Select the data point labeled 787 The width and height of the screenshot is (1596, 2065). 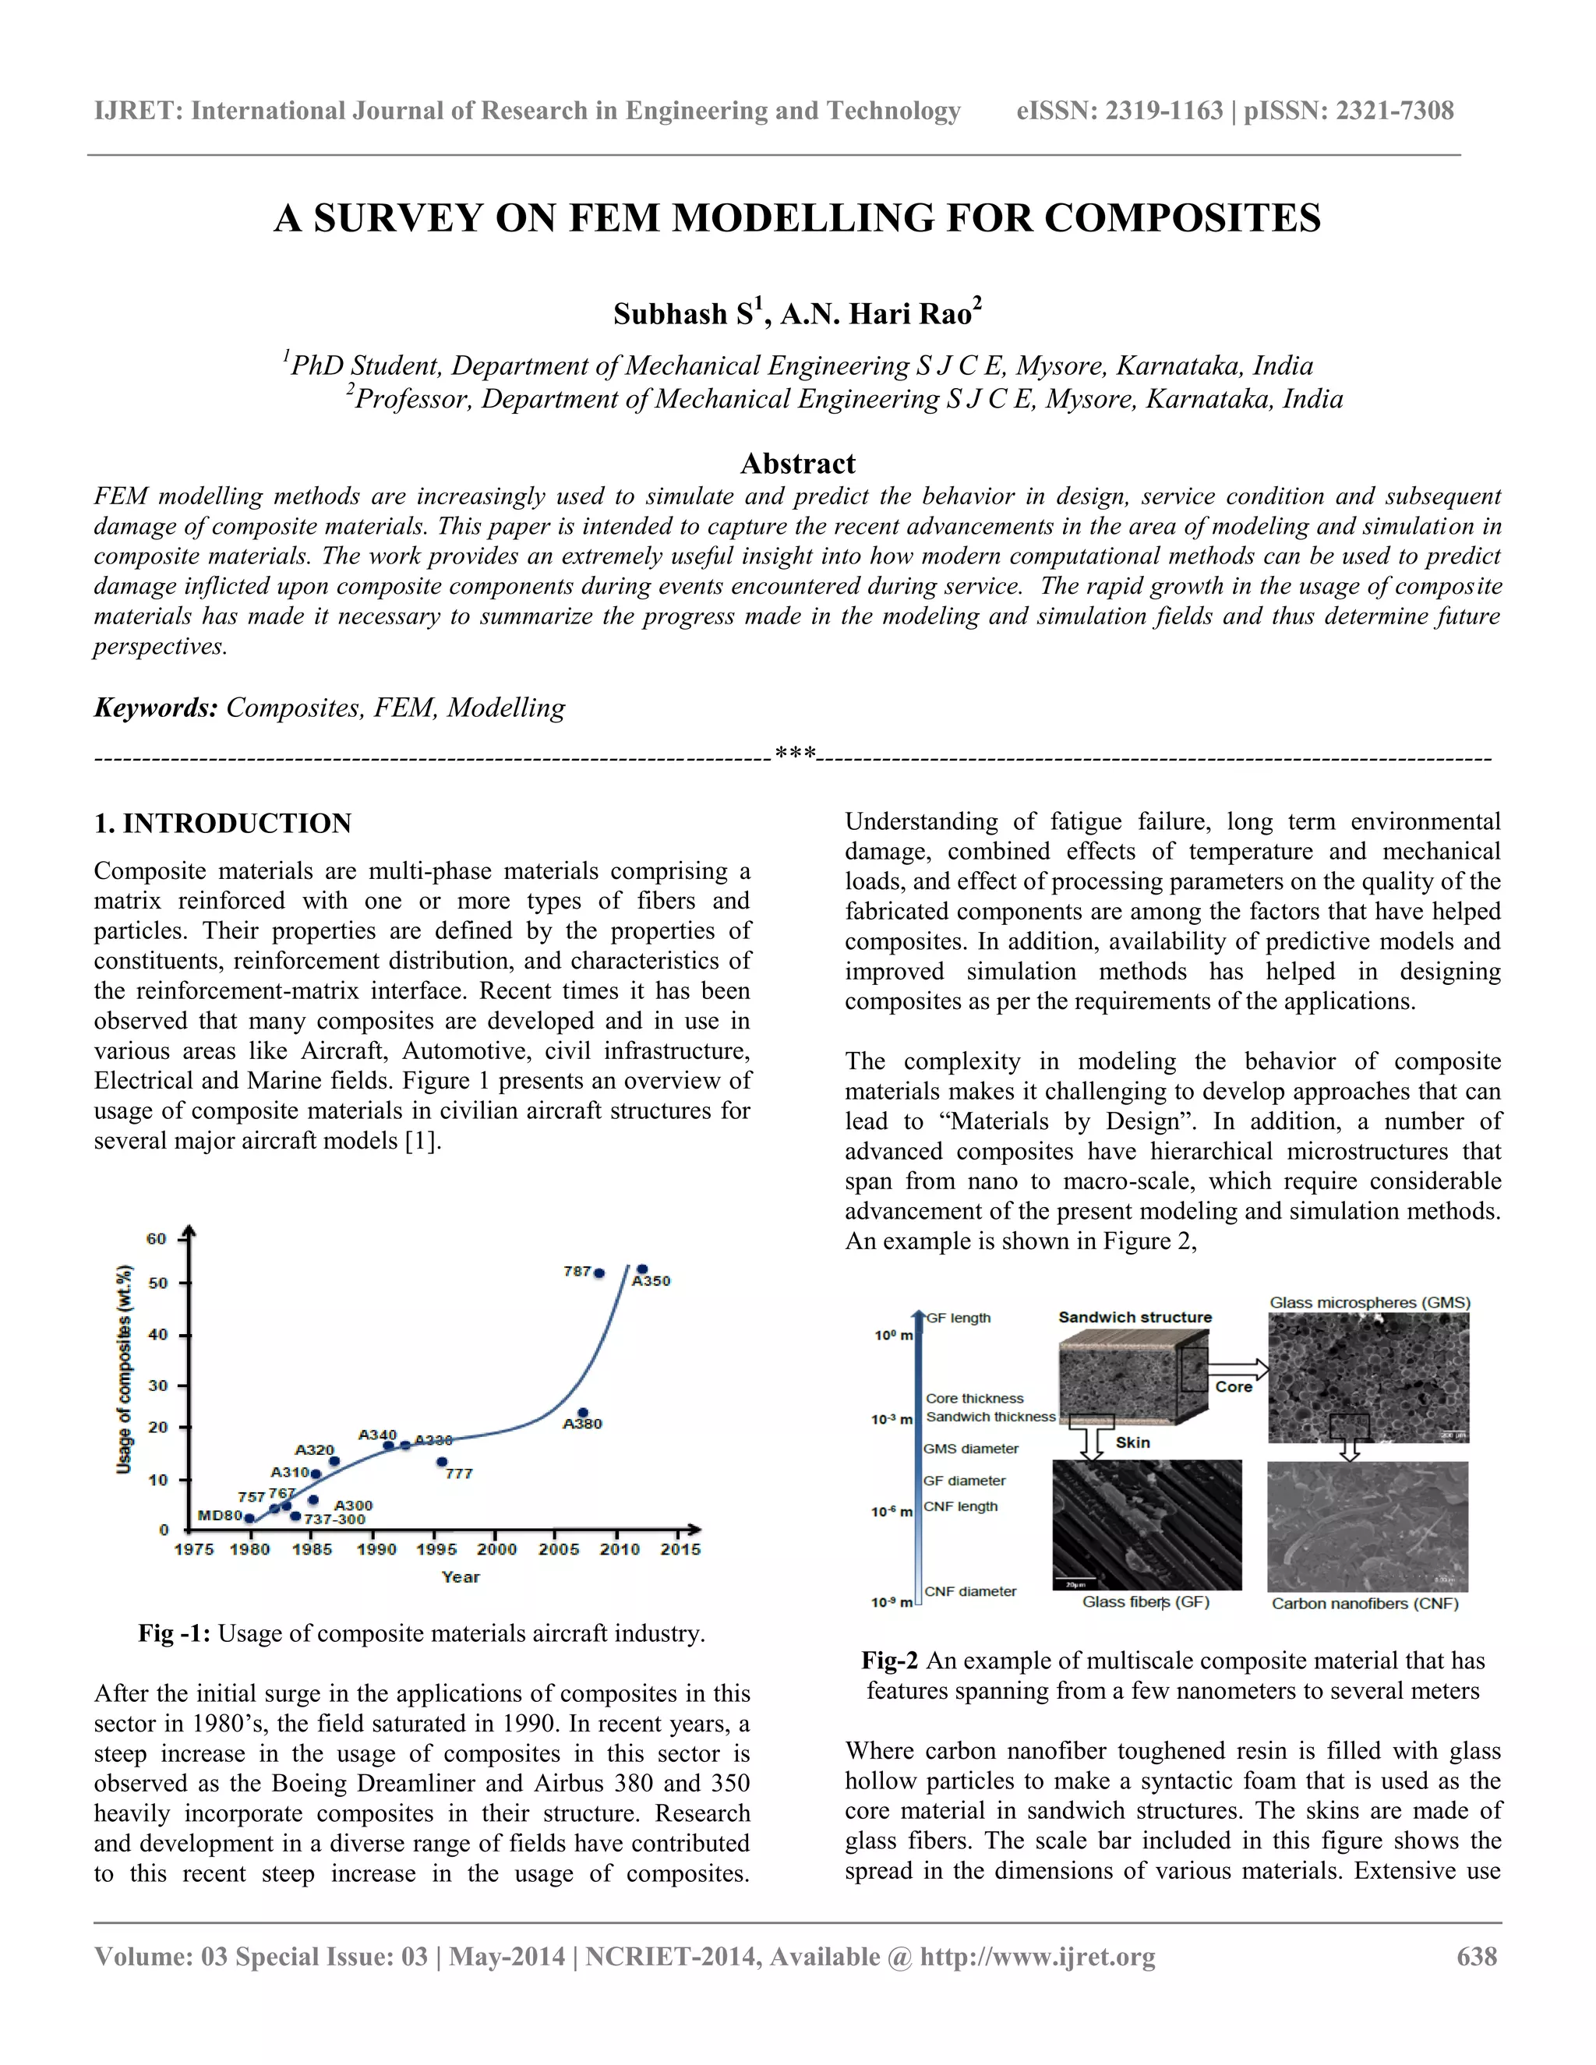point(598,1273)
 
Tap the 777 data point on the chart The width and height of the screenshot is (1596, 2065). point(442,1462)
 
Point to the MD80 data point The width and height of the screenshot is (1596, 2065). point(249,1519)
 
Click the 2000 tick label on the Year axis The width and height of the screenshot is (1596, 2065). point(496,1550)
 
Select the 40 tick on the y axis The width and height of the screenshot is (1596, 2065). point(158,1335)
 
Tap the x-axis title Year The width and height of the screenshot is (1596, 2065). point(461,1577)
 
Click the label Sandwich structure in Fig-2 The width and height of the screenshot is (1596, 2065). point(1135,1317)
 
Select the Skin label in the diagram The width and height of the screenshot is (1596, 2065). point(1132,1443)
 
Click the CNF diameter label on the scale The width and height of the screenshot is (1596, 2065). point(970,1591)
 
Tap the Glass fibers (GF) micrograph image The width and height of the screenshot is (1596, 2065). point(1147,1524)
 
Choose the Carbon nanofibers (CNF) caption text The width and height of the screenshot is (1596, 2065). point(1365,1604)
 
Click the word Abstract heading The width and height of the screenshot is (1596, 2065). point(797,464)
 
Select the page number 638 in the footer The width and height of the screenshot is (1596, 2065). point(1477,1956)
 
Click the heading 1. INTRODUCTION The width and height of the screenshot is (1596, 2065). point(223,824)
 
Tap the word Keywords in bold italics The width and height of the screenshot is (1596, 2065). point(156,708)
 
